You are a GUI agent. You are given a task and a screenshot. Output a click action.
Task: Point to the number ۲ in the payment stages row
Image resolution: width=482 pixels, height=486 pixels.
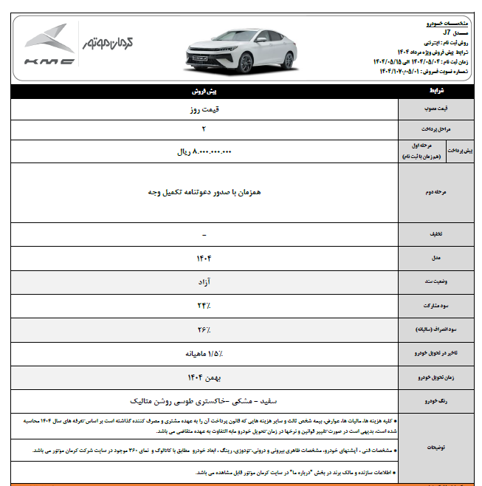point(204,129)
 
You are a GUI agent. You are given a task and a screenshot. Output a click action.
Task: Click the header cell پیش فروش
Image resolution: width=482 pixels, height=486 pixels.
point(204,92)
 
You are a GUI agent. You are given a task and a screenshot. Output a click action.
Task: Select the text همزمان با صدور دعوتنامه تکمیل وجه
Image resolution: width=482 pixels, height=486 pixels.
point(204,191)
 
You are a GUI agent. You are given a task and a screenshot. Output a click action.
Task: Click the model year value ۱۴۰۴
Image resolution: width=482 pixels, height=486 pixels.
point(204,259)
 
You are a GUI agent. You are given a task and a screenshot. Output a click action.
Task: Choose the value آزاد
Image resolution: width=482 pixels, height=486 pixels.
point(204,282)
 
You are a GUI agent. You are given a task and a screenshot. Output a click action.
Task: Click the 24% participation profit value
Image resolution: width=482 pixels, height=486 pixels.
point(204,306)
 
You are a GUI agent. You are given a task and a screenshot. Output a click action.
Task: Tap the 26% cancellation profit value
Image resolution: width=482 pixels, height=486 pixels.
point(204,329)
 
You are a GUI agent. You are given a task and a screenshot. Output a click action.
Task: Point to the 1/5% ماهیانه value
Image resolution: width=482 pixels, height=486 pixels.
point(204,354)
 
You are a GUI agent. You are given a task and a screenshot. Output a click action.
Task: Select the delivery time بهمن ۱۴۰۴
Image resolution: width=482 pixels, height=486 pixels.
point(204,377)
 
